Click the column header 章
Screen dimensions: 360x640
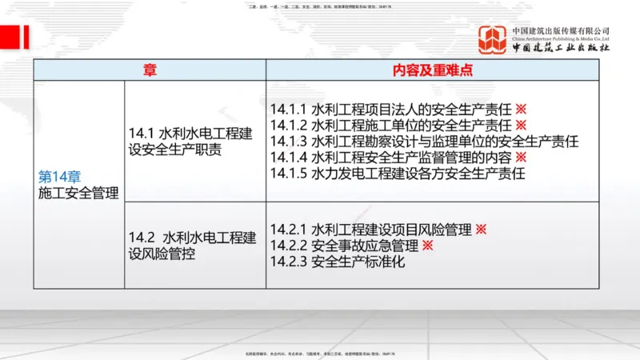(x=150, y=70)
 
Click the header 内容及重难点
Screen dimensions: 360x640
(x=432, y=70)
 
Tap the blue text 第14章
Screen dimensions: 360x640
(x=60, y=178)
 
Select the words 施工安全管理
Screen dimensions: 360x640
(x=78, y=193)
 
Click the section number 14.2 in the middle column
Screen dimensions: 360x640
(x=142, y=238)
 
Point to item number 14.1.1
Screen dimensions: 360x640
(x=289, y=109)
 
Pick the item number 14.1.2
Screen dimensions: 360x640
(x=289, y=125)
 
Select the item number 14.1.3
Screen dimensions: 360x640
(x=289, y=141)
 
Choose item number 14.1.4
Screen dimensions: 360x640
(x=289, y=157)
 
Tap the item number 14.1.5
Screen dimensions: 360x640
(x=289, y=173)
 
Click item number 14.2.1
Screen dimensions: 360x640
(x=289, y=230)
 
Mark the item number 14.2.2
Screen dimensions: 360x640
(x=289, y=246)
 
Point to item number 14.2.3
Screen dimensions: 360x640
(x=289, y=262)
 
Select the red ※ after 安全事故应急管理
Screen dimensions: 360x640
(x=427, y=246)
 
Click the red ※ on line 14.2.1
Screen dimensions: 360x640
(x=481, y=230)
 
